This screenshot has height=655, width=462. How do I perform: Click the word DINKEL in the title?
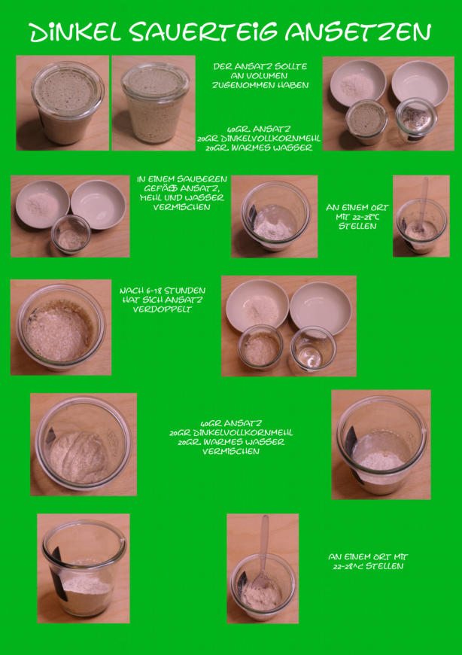tap(75, 32)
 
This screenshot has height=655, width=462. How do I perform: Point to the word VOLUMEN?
tap(260, 76)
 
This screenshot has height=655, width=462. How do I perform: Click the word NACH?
tap(132, 291)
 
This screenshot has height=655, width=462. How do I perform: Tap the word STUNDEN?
tap(186, 291)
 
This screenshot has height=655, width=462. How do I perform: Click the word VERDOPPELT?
tap(163, 309)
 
